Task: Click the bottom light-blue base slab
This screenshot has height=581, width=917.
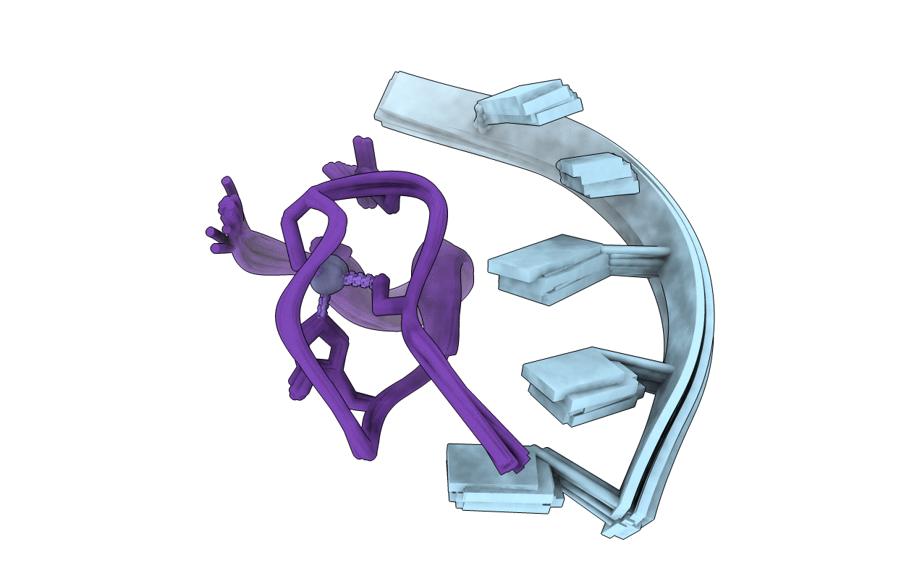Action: pos(499,478)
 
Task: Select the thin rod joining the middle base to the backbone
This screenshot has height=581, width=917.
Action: pos(637,255)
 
